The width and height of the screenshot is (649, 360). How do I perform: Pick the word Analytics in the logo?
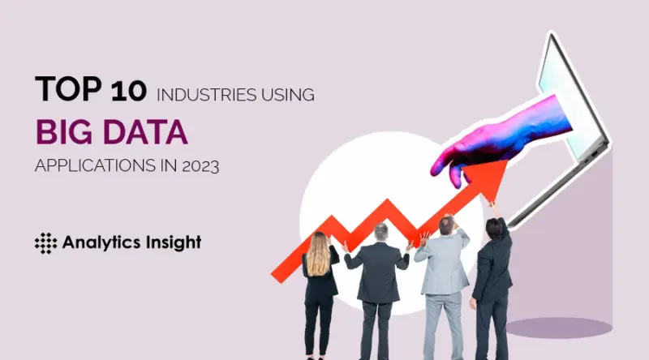pyautogui.click(x=97, y=242)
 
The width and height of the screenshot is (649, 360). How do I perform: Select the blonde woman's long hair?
pyautogui.click(x=319, y=255)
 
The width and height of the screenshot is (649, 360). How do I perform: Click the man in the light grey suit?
pyautogui.click(x=444, y=276)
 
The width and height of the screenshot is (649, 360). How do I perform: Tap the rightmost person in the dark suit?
pyautogui.click(x=494, y=276)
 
